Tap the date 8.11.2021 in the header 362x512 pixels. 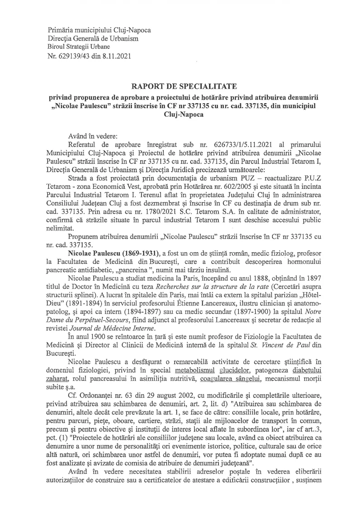(x=117, y=57)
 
